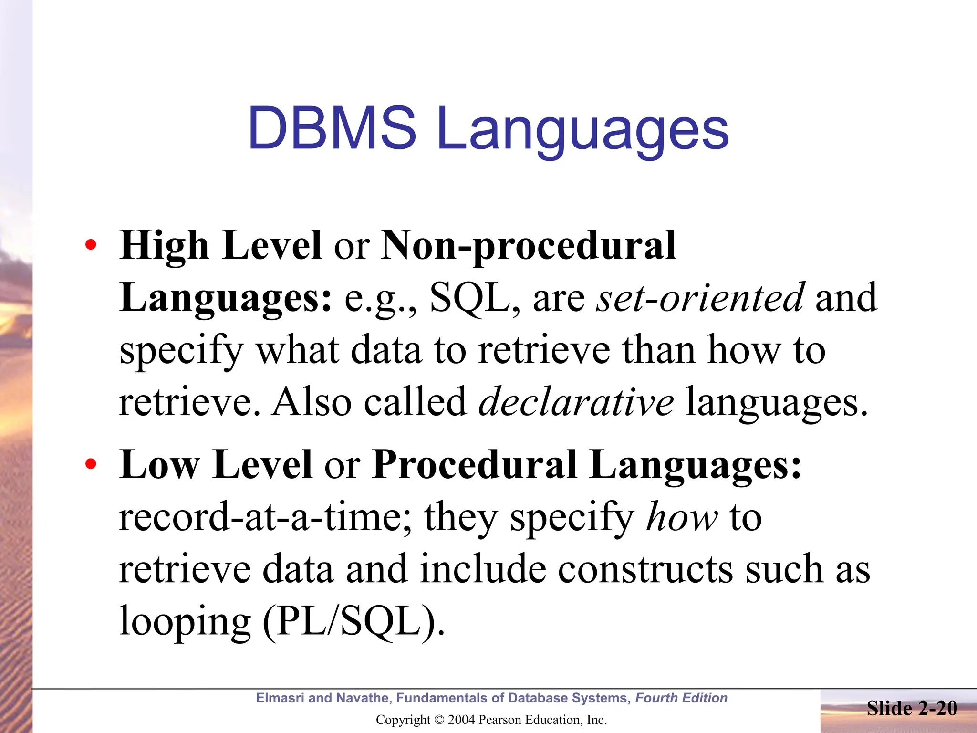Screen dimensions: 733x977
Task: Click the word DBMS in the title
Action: click(332, 128)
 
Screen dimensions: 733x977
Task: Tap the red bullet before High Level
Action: click(91, 245)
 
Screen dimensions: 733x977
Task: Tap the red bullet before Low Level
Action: click(91, 464)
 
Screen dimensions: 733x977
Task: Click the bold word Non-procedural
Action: click(528, 246)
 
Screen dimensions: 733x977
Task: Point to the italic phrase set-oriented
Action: click(700, 298)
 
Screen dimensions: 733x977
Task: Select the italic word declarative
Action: click(576, 402)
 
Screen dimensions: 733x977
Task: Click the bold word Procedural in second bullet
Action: click(475, 465)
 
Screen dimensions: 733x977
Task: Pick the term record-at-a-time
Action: click(260, 517)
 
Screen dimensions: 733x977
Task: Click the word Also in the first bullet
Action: click(312, 402)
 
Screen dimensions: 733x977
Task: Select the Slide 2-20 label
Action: click(912, 709)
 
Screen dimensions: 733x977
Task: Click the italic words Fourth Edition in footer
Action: click(681, 698)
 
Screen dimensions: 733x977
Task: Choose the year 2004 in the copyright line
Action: click(462, 720)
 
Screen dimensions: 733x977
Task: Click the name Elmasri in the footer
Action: click(280, 698)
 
